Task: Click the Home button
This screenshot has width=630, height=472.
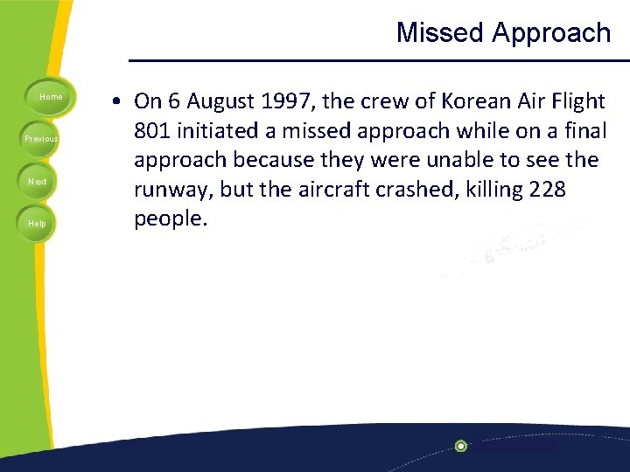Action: (51, 97)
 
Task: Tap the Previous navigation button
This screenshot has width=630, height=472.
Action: (41, 139)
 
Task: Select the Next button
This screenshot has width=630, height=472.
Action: (38, 181)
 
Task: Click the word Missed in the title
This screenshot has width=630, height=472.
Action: (440, 33)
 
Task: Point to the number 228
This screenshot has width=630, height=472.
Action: (541, 190)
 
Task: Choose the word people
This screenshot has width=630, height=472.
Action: (171, 219)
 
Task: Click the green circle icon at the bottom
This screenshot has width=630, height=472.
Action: (460, 446)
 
